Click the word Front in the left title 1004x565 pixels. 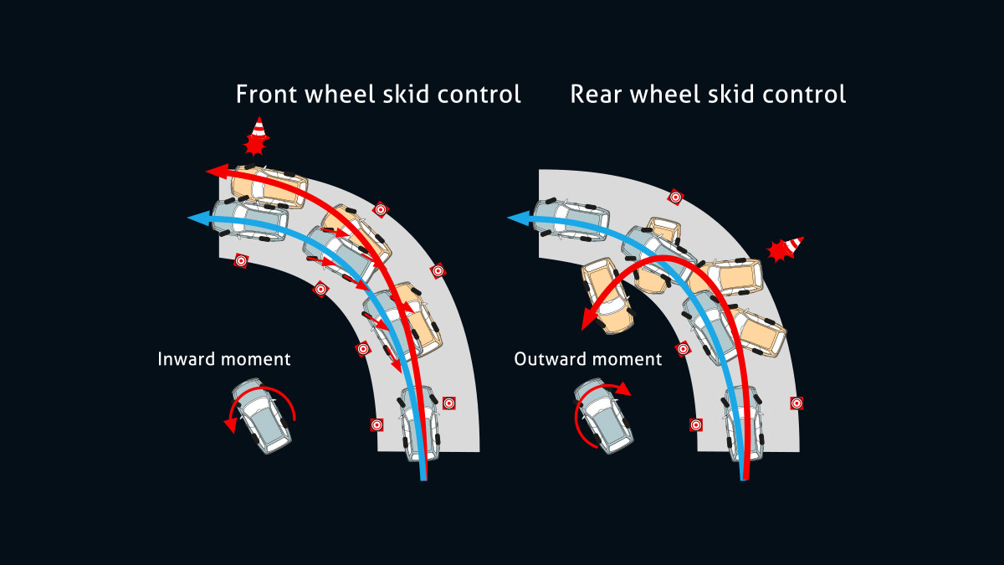tap(264, 94)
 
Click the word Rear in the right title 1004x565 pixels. tap(593, 94)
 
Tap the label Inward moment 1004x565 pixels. tap(224, 359)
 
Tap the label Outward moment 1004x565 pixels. tap(587, 359)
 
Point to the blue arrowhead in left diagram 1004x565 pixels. tap(197, 218)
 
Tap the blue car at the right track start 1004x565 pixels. tap(742, 423)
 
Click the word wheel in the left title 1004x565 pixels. tap(336, 94)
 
